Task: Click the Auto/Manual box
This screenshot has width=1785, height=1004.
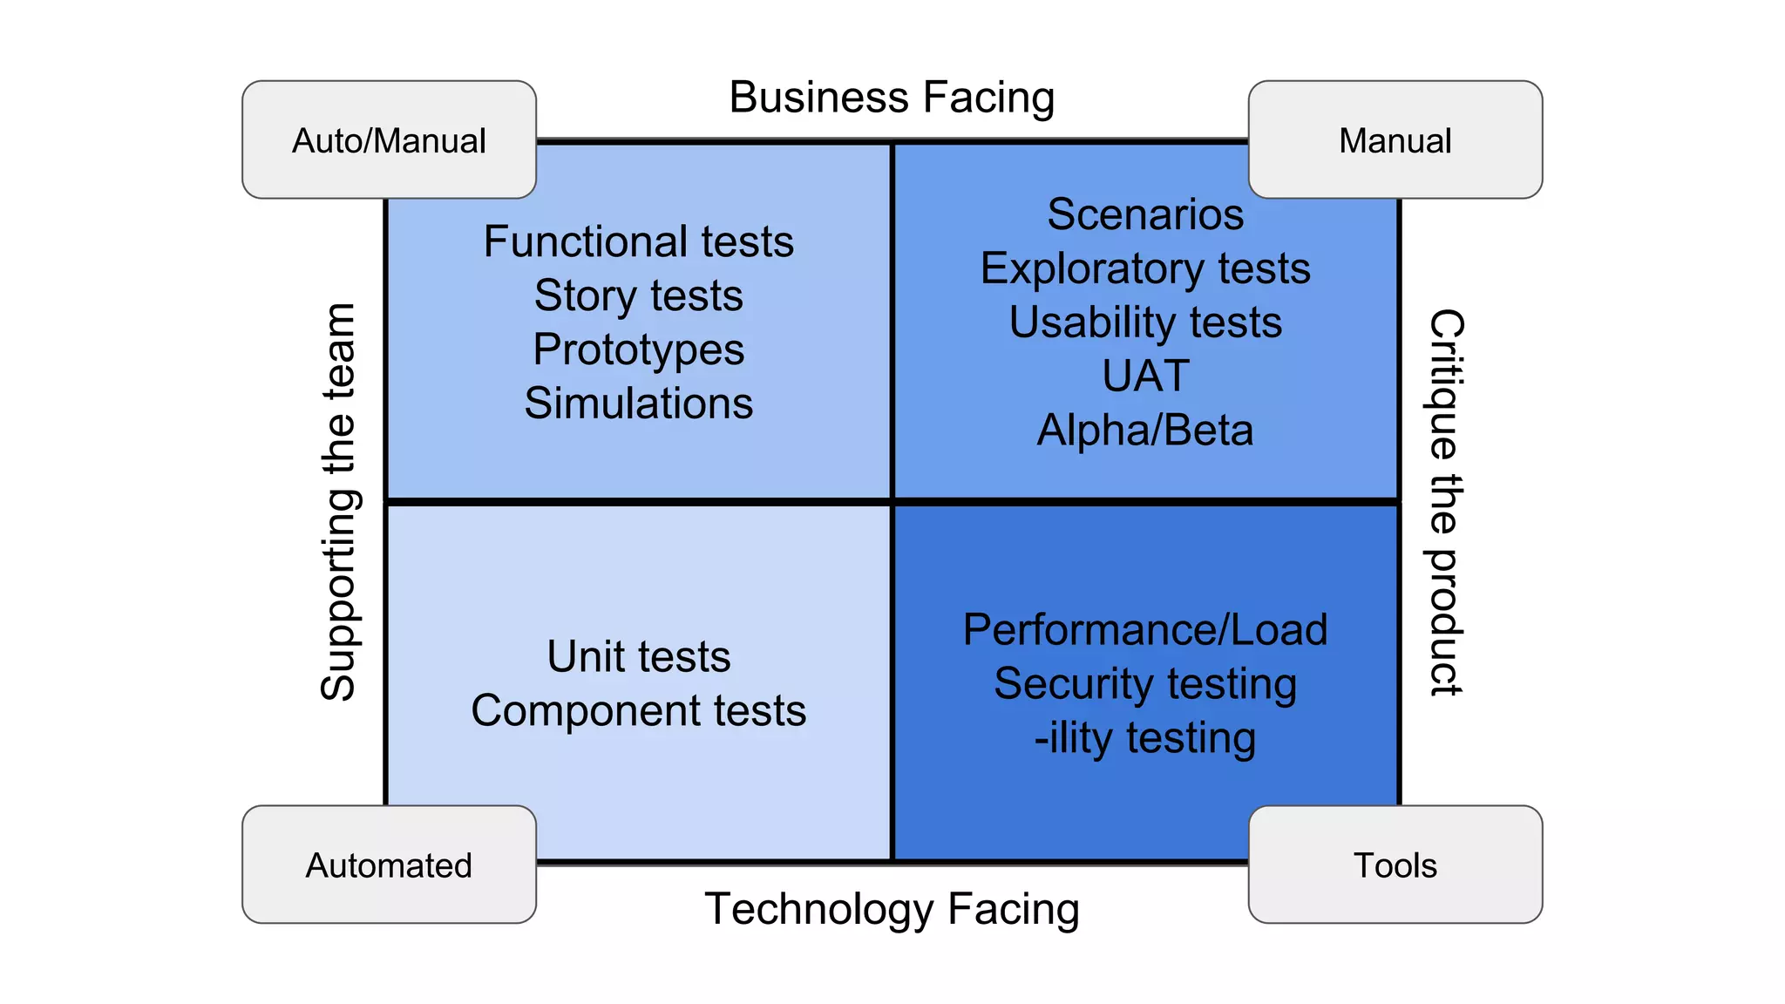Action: [x=389, y=140]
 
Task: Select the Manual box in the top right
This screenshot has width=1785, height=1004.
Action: [x=1395, y=140]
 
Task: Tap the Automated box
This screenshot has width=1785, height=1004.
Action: [x=389, y=865]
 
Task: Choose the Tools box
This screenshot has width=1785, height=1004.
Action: [x=1395, y=865]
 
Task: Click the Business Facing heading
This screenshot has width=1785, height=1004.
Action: [x=892, y=97]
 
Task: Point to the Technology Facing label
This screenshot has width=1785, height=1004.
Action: [x=892, y=908]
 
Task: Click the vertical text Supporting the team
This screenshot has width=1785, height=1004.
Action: [x=338, y=502]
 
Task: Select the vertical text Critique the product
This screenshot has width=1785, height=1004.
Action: [x=1446, y=502]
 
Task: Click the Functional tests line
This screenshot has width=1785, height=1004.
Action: [x=639, y=241]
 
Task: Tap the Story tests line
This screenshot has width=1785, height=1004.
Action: [x=639, y=295]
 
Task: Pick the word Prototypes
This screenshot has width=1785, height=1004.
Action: [x=639, y=349]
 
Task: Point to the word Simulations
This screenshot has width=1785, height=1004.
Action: [x=639, y=404]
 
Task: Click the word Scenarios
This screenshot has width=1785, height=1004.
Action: [x=1145, y=214]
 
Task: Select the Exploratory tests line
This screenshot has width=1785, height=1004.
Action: [x=1145, y=268]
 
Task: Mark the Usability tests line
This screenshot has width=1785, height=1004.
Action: [x=1145, y=322]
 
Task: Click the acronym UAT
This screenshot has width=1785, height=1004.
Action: [x=1145, y=376]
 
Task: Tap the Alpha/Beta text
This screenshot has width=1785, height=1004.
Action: [x=1145, y=431]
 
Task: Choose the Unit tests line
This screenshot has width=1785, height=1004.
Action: [x=639, y=656]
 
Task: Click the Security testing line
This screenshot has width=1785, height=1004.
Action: [x=1145, y=683]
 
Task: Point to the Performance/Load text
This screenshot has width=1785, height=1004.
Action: [x=1145, y=629]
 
